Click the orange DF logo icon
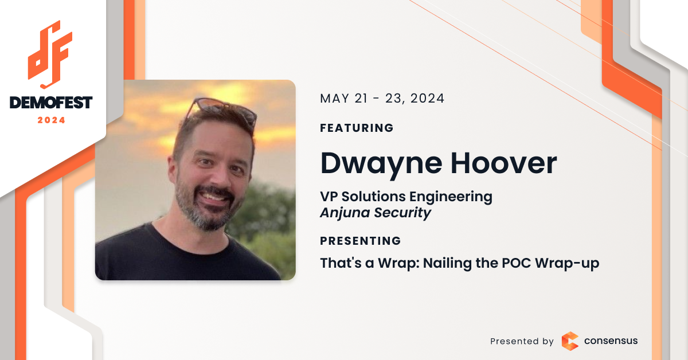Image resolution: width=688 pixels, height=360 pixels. pos(50,54)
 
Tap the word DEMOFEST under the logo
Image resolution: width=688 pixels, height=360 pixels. pos(51,103)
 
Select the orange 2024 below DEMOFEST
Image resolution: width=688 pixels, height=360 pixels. pos(51,120)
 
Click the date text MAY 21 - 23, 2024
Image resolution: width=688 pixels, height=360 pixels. pos(382,98)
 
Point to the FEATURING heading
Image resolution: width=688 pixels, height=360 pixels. pos(357,128)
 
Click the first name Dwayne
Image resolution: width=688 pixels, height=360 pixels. pos(381,165)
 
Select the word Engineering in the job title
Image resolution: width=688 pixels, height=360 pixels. pos(451,197)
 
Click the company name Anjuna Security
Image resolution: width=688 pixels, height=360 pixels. pos(376,213)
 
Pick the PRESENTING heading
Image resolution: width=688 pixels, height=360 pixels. pos(360,241)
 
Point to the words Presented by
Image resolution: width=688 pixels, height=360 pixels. pos(522,341)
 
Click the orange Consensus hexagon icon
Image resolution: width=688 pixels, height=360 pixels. pos(570,341)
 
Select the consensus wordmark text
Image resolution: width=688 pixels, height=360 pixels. pos(611,341)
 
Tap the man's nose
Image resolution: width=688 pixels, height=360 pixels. pos(219,175)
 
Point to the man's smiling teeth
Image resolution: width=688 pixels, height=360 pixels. pos(213,197)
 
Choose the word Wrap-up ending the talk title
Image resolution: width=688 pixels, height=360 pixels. pos(567,264)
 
